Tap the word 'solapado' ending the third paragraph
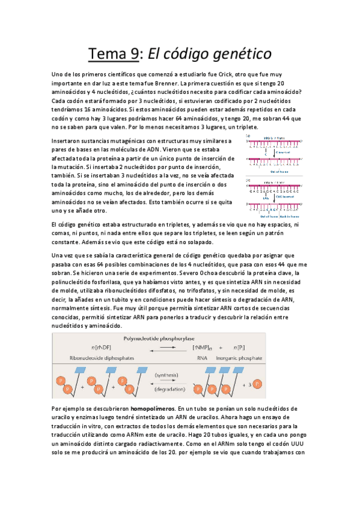click(x=196, y=242)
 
